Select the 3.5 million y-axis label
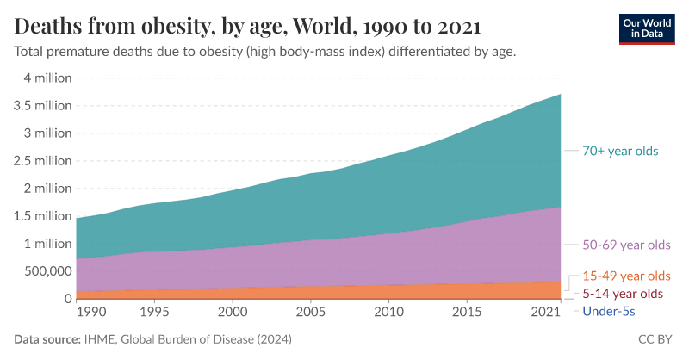click(x=41, y=106)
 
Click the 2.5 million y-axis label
click(x=41, y=161)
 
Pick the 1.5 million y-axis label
click(x=41, y=216)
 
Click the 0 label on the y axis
click(x=67, y=299)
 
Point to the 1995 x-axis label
click(x=154, y=311)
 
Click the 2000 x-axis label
click(x=233, y=311)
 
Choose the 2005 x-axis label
click(x=311, y=311)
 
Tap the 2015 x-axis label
click(x=467, y=311)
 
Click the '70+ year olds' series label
click(x=620, y=151)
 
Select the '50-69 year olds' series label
click(x=626, y=245)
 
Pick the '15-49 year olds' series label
click(x=626, y=276)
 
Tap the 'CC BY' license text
click(x=656, y=340)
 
